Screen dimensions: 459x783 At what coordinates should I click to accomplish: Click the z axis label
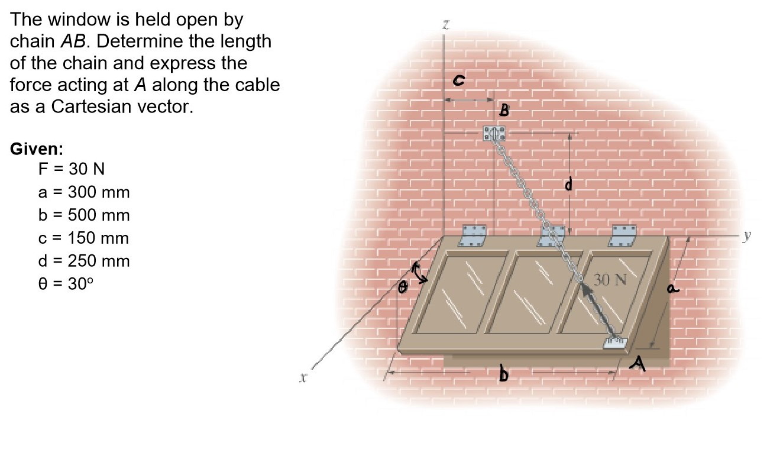pos(446,25)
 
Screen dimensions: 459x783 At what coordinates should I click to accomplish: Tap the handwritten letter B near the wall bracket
pos(504,109)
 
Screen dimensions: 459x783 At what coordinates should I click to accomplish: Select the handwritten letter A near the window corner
pos(638,361)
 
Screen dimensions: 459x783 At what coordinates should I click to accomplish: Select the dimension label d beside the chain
pos(568,186)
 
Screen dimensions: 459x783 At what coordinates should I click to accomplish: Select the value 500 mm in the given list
pos(98,215)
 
